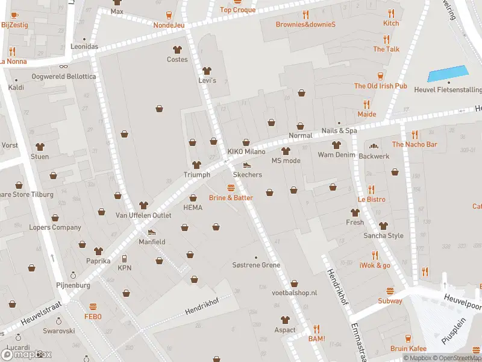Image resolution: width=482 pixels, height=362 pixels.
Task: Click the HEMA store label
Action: (x=193, y=207)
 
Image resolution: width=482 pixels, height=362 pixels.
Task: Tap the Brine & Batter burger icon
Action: (x=231, y=188)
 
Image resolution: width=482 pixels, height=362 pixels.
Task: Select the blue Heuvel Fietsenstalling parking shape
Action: (x=448, y=74)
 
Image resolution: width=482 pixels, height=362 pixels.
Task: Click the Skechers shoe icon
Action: (x=246, y=165)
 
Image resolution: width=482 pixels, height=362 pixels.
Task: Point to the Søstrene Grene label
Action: (x=256, y=265)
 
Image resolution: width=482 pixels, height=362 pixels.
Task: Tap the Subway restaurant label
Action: (x=390, y=300)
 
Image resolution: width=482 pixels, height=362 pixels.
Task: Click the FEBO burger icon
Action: (x=93, y=306)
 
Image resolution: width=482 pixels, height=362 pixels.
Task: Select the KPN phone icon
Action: (x=125, y=258)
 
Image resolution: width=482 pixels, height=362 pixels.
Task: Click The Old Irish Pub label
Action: (x=380, y=86)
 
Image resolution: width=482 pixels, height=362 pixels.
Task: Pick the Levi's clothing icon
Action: (x=207, y=71)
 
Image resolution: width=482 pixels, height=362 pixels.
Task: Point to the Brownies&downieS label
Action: (x=305, y=24)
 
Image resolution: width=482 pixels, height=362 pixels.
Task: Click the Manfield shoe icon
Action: (x=151, y=232)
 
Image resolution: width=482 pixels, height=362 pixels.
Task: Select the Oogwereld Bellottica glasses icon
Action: (x=63, y=68)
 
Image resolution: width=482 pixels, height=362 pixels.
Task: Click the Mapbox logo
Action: (x=25, y=354)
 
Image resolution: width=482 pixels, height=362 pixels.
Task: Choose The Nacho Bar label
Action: (x=415, y=144)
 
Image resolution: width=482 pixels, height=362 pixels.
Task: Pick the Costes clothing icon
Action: (x=177, y=49)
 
